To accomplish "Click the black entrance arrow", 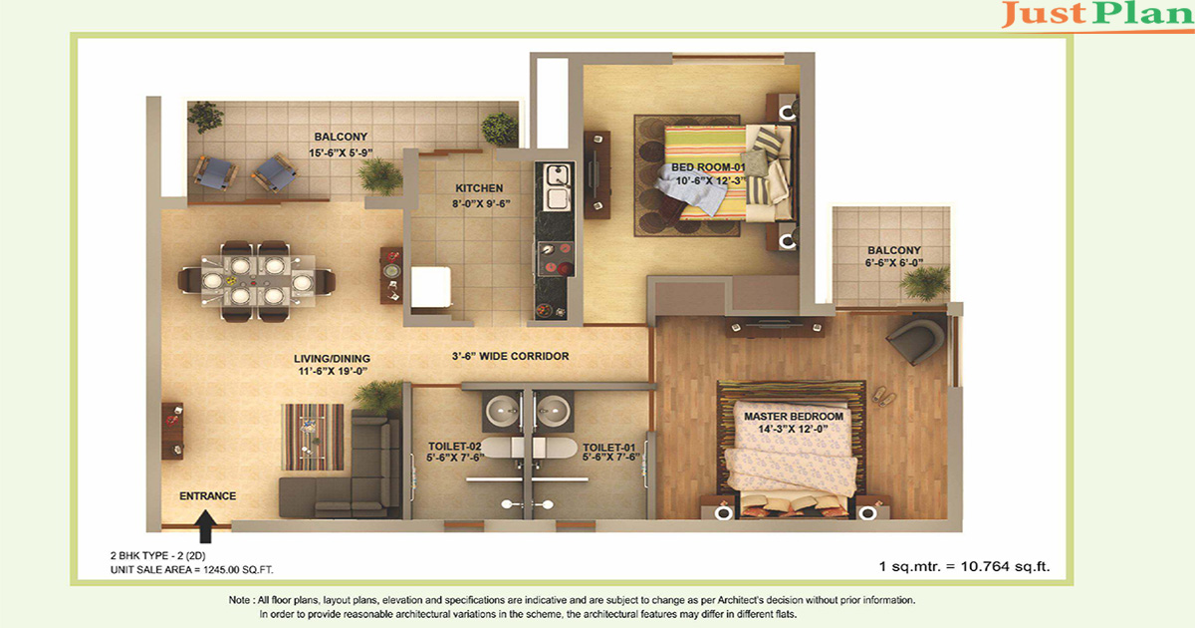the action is point(205,526).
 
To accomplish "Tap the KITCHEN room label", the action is point(479,188).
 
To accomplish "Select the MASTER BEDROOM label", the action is point(794,417).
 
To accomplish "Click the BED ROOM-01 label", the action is point(708,167).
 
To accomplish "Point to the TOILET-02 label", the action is point(454,447).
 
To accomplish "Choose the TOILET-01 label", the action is point(608,448).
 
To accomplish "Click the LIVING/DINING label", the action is point(332,359).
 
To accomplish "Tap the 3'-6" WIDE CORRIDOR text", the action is point(511,356).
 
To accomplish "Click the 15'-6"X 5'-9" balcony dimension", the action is point(341,153).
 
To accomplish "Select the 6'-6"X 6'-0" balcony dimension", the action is point(894,263).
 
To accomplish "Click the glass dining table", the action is point(258,281).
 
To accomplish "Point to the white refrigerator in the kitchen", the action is point(431,287).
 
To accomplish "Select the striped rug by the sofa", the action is point(313,437).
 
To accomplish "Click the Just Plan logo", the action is point(1097,15).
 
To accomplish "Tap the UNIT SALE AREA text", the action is point(191,570).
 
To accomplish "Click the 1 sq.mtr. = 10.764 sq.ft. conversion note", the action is point(964,566).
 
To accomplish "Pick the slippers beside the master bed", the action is point(883,396).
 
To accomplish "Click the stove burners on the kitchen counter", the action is point(556,258).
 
